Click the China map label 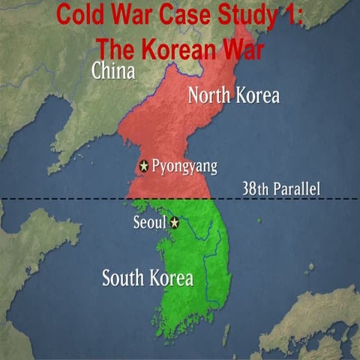(113, 71)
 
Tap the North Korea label (233, 96)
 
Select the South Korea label (147, 279)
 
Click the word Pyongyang (184, 166)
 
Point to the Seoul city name (149, 223)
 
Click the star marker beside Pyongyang (144, 166)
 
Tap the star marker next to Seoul (175, 223)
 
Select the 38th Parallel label (280, 188)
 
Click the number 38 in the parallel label (250, 188)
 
